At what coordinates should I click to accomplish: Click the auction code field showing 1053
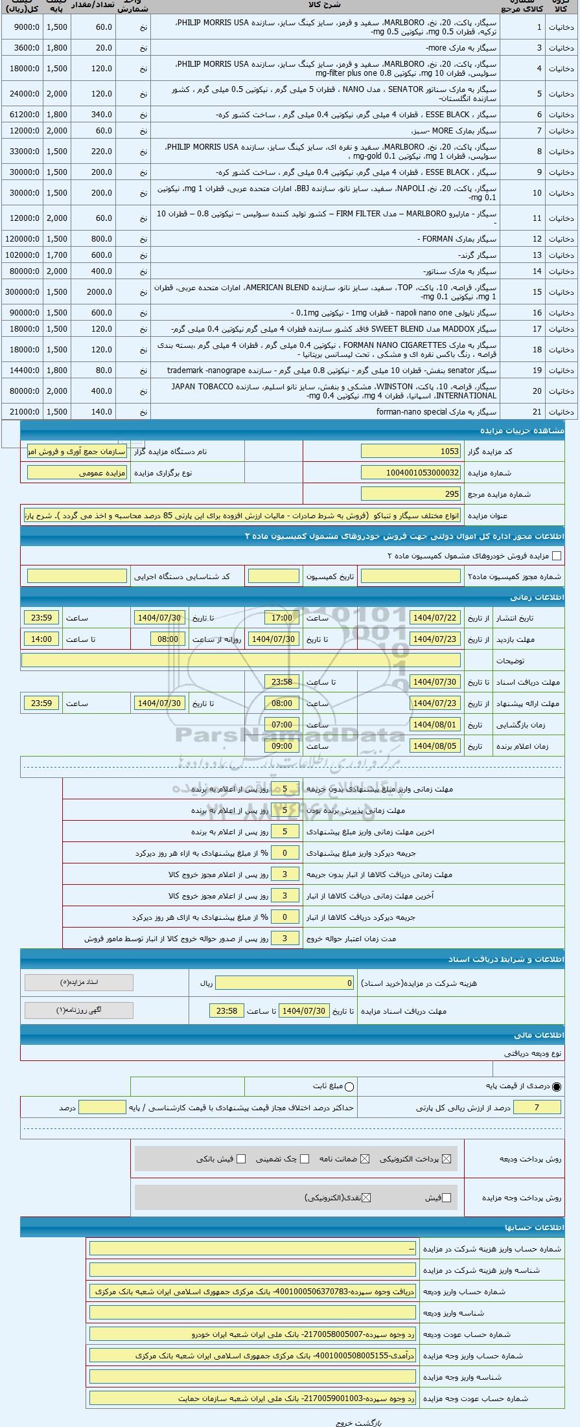[411, 451]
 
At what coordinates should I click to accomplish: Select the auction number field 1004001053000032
[411, 473]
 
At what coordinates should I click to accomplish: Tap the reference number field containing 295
[411, 494]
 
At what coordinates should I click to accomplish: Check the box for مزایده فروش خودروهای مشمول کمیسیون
[556, 556]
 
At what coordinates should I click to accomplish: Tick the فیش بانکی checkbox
[241, 1159]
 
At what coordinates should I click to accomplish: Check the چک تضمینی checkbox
[305, 1159]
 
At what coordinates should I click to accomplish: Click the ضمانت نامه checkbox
[365, 1159]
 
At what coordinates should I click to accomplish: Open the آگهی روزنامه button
[79, 1010]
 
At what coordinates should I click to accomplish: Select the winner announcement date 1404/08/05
[435, 746]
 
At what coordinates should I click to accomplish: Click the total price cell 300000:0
[22, 292]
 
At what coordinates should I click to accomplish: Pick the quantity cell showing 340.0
[92, 115]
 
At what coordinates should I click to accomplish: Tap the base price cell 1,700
[57, 255]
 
